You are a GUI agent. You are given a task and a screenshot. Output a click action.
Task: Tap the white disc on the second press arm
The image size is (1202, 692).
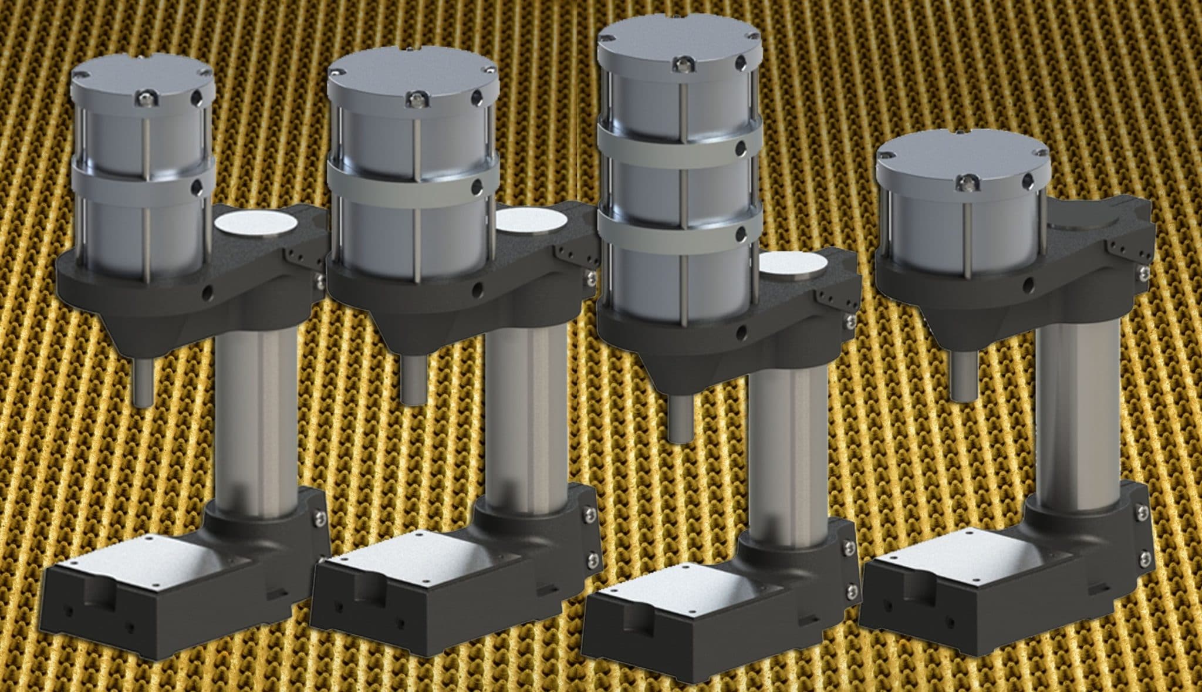tap(532, 218)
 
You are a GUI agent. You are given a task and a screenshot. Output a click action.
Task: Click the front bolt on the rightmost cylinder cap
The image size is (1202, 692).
tap(963, 184)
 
